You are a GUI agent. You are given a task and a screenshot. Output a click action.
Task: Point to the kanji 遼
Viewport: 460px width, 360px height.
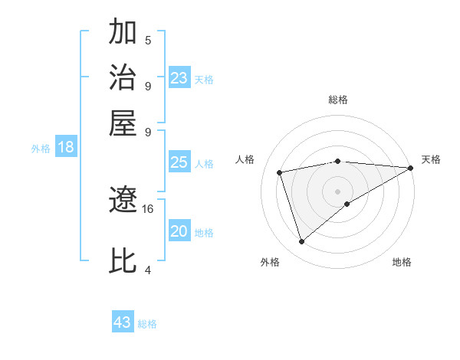(x=123, y=201)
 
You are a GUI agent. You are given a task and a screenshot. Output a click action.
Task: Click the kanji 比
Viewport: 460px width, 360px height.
(x=123, y=260)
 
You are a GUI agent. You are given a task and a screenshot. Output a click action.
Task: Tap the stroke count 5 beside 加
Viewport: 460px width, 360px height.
(x=148, y=41)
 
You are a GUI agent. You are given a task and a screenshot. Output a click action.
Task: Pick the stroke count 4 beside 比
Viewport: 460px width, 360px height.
(x=148, y=270)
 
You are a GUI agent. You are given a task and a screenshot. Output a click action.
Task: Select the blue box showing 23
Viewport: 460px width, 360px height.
(x=179, y=78)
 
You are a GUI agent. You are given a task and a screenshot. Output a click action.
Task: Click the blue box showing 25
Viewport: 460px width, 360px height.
(x=179, y=162)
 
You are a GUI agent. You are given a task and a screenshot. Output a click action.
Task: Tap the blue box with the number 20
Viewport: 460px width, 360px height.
(x=179, y=231)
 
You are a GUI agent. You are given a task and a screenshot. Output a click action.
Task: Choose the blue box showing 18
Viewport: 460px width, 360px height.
(x=66, y=148)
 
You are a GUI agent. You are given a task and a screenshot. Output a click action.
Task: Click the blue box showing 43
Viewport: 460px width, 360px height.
(x=123, y=322)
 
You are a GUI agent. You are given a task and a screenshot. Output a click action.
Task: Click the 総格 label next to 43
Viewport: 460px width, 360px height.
(x=147, y=324)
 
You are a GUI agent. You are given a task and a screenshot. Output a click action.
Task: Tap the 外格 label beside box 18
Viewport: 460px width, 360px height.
(x=41, y=149)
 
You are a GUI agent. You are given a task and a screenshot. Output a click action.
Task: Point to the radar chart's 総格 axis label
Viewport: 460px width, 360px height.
(x=338, y=100)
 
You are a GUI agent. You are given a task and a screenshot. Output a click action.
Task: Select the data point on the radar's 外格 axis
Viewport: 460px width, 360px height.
(x=301, y=242)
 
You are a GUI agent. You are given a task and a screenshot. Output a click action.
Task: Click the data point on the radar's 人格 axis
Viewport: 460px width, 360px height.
(x=281, y=172)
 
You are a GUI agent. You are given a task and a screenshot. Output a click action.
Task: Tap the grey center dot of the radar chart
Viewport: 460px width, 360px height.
(x=338, y=190)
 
